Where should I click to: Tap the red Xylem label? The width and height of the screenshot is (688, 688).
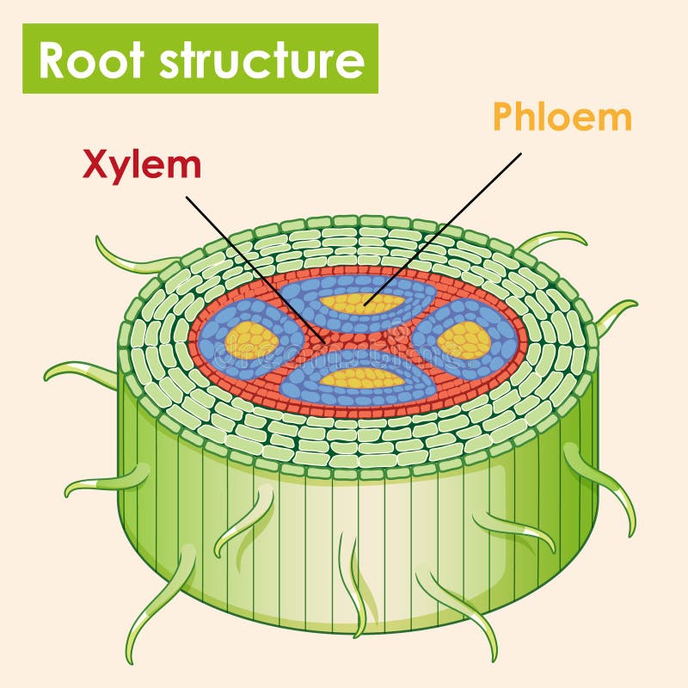pos(142,165)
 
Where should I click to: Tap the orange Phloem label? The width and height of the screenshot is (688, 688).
pos(562,117)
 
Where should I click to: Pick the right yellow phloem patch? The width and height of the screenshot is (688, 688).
pos(464,341)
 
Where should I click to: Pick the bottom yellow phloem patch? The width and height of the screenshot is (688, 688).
pos(361,378)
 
